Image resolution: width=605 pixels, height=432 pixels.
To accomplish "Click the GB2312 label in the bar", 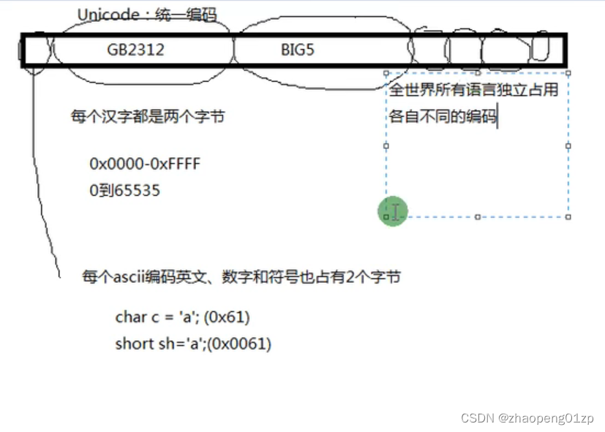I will (136, 50).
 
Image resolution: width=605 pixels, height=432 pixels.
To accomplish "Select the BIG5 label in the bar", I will (298, 50).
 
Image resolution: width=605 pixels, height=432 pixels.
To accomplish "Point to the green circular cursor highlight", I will (393, 211).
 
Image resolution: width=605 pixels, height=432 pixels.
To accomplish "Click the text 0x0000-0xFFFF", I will (145, 164).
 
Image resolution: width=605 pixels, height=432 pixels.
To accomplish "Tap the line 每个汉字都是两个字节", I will (147, 116).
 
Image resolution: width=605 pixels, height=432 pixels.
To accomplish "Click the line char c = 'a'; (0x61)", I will (182, 317).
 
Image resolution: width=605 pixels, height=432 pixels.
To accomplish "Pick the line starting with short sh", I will (193, 344).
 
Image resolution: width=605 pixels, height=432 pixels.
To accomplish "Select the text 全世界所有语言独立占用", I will (473, 91).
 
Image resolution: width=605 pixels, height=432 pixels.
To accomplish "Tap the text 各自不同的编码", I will (442, 116).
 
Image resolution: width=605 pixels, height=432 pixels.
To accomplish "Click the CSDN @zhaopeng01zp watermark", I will (527, 417).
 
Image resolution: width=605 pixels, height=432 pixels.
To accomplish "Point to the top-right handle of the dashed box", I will (568, 72).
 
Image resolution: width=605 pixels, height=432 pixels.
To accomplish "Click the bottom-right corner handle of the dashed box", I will (568, 216).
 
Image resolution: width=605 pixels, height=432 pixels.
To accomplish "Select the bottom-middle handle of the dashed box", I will (478, 216).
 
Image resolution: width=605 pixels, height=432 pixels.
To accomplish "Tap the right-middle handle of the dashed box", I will (568, 145).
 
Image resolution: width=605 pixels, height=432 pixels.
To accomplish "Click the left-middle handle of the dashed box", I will (386, 145).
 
